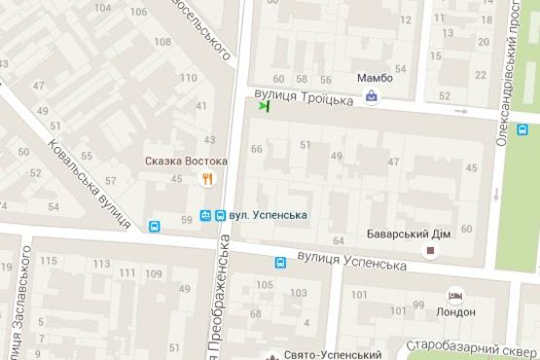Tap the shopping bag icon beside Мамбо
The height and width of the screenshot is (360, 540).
click(x=372, y=96)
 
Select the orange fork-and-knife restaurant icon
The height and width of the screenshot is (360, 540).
click(x=206, y=178)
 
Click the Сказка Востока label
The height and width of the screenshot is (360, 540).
click(x=186, y=161)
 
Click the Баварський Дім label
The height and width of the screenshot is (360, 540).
click(x=407, y=234)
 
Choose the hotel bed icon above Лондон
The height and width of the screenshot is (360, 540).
click(x=454, y=295)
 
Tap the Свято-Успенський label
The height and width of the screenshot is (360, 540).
click(x=326, y=354)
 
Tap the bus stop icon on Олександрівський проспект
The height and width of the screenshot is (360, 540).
click(x=522, y=129)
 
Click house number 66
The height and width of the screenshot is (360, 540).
click(x=257, y=149)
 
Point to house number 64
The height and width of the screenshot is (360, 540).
click(x=339, y=240)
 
